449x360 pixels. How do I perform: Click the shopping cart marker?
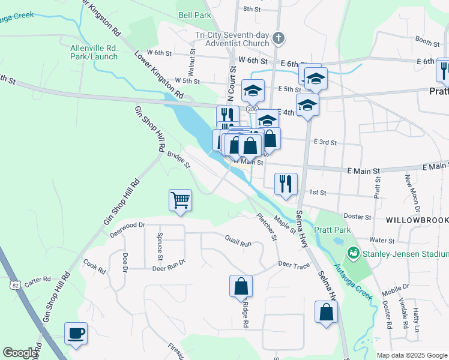tap(181, 200)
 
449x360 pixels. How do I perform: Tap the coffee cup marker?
tap(76, 334)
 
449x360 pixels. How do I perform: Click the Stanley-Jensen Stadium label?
tap(405, 254)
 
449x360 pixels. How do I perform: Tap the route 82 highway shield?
tap(15, 285)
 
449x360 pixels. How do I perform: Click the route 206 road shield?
tap(251, 109)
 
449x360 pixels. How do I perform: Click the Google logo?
tap(20, 353)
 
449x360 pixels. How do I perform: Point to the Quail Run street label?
tap(238, 243)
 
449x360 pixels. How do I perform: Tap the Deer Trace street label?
tap(293, 264)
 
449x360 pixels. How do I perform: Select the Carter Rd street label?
tap(37, 280)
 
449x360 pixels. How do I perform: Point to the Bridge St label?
tap(178, 159)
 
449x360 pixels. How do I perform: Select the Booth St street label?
tap(427, 41)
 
